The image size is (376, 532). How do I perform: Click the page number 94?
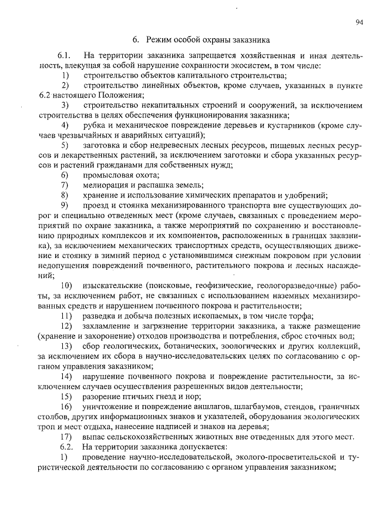pos(359,22)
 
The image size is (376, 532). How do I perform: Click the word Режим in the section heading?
pos(159,40)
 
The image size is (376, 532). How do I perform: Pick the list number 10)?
pos(66,284)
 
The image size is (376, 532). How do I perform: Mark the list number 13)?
pos(66,346)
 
